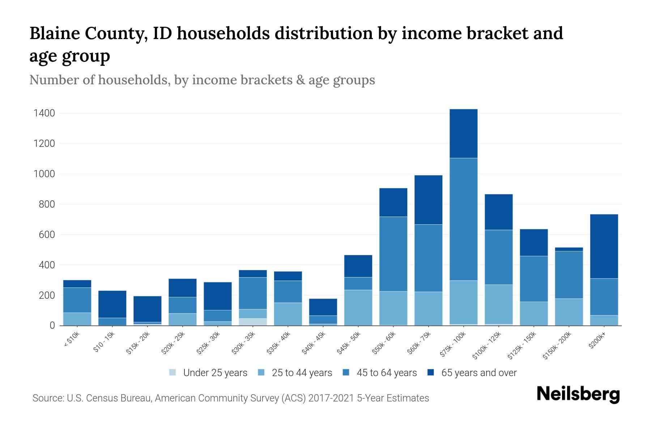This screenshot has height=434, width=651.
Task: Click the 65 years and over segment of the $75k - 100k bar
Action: [463, 133]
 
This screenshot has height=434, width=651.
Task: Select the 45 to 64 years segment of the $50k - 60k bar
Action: [393, 254]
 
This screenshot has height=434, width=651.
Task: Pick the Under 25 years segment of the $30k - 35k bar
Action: [253, 322]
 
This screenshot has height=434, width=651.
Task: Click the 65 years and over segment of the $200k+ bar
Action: [604, 246]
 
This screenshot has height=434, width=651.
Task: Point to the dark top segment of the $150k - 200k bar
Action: [569, 249]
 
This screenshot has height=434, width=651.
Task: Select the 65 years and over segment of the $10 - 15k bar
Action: [112, 304]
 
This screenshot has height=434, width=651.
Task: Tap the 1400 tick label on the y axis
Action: [44, 114]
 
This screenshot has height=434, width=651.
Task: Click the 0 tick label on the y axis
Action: [52, 326]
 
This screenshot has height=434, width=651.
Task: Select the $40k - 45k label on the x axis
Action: [315, 343]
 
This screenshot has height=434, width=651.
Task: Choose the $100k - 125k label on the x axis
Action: [487, 346]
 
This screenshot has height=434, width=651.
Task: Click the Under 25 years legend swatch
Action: [173, 373]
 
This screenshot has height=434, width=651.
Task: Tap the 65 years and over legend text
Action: [479, 373]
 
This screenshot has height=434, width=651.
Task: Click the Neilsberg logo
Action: [578, 395]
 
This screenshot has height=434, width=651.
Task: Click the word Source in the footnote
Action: [47, 398]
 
